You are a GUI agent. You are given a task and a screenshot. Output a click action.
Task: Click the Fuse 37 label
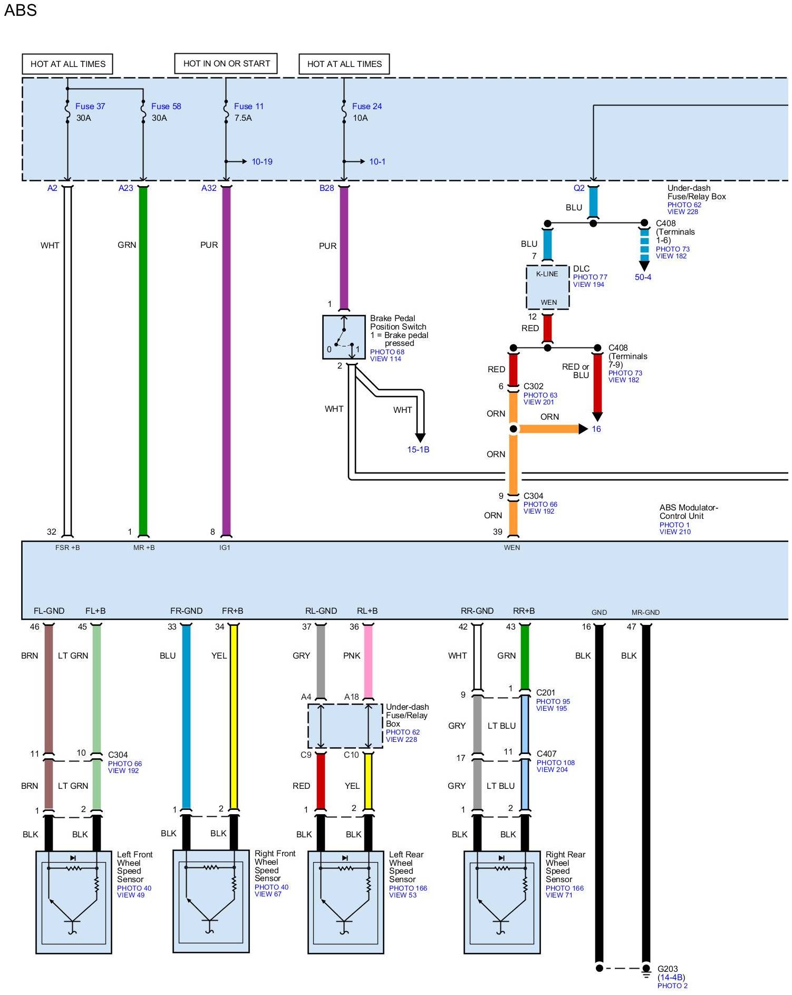pyautogui.click(x=90, y=106)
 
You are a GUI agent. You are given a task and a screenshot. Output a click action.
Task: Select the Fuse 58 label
pyautogui.click(x=166, y=106)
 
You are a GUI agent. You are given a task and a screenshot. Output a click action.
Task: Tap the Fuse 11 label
pyautogui.click(x=248, y=106)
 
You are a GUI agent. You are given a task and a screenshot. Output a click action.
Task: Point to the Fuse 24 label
pyautogui.click(x=366, y=106)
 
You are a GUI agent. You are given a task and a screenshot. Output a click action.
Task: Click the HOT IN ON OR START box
pyautogui.click(x=226, y=64)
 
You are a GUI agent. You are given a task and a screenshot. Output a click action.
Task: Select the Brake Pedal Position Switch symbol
pyautogui.click(x=344, y=337)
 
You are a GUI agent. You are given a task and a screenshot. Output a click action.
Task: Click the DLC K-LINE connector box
pyautogui.click(x=547, y=287)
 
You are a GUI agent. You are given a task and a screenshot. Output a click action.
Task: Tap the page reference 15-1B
pyautogui.click(x=418, y=449)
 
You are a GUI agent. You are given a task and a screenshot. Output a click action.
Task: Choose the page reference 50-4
pyautogui.click(x=643, y=277)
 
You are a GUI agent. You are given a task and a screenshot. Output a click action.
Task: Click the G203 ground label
pyautogui.click(x=668, y=969)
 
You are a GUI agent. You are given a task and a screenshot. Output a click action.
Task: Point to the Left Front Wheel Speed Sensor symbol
pyautogui.click(x=73, y=902)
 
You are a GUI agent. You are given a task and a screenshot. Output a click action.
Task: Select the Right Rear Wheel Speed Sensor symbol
pyautogui.click(x=501, y=902)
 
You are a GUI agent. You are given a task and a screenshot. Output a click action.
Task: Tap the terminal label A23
pyautogui.click(x=125, y=188)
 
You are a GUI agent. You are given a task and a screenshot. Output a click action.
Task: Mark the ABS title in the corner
pyautogui.click(x=21, y=10)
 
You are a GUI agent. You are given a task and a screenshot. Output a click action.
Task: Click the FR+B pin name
pyautogui.click(x=233, y=611)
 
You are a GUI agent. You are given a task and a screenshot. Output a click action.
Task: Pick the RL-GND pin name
pyautogui.click(x=321, y=611)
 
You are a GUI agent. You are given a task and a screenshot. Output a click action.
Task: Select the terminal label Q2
pyautogui.click(x=578, y=188)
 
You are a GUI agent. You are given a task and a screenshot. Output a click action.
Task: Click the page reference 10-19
pyautogui.click(x=262, y=161)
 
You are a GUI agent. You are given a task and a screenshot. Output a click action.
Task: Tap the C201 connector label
pyautogui.click(x=545, y=692)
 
